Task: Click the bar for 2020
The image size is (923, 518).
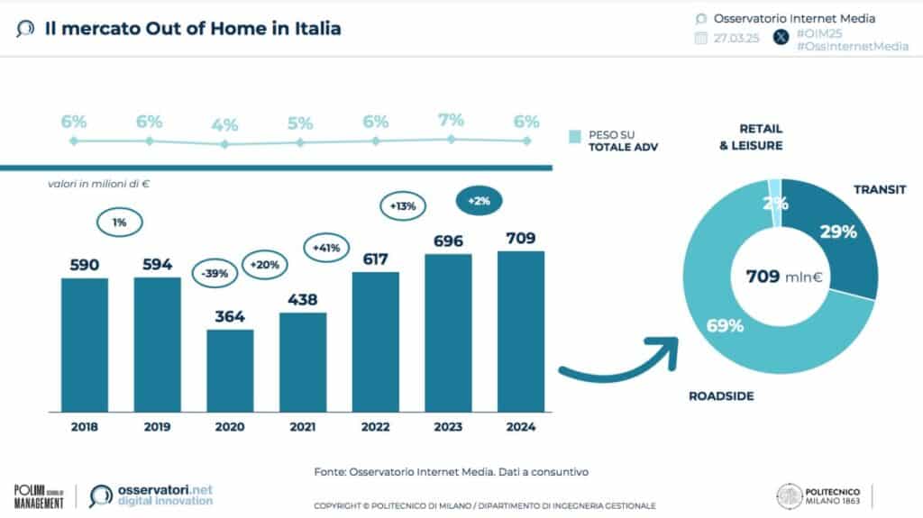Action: (x=230, y=369)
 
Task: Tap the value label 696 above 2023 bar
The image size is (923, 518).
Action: (x=448, y=241)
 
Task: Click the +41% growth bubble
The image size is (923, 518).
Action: (x=325, y=246)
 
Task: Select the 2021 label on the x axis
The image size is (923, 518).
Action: (x=302, y=426)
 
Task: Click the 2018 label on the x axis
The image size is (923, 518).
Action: (x=85, y=426)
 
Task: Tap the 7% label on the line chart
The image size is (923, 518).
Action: (x=451, y=120)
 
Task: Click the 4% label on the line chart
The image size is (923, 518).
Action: (x=225, y=124)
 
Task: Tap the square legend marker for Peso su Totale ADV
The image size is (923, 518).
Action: (x=573, y=137)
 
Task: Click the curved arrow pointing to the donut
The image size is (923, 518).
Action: (x=622, y=360)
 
